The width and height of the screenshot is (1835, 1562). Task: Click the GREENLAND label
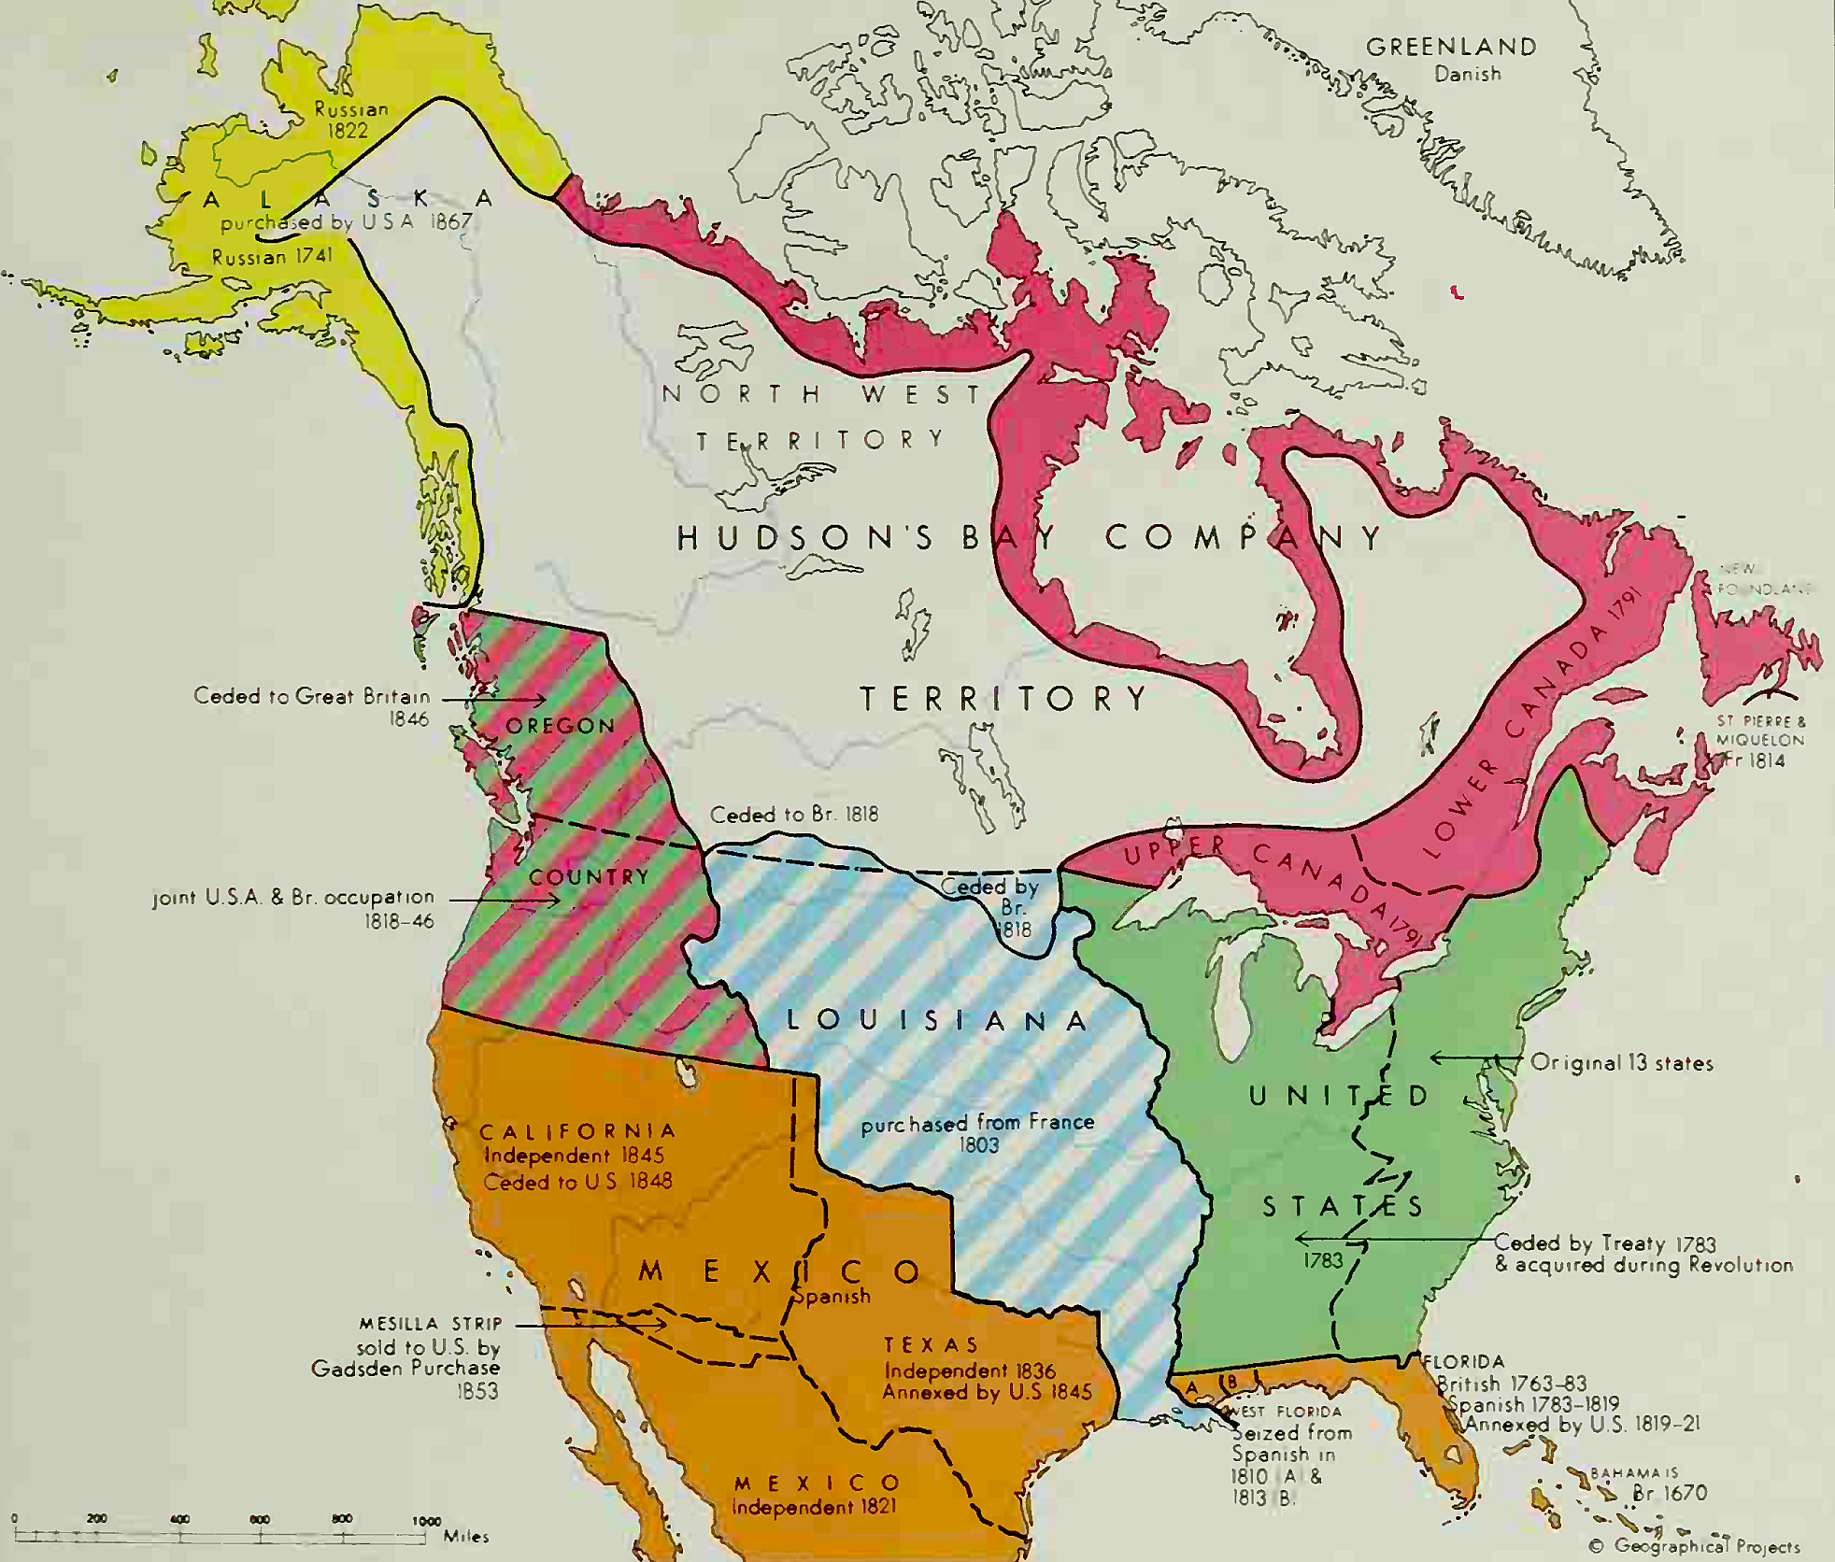tap(1451, 47)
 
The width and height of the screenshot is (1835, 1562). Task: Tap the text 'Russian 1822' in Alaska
tap(350, 120)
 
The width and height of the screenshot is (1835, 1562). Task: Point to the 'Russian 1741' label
tap(272, 257)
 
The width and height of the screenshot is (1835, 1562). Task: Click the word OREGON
tap(560, 726)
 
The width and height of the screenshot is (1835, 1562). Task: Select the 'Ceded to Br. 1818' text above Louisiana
tap(794, 815)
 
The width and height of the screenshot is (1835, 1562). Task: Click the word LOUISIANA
tap(937, 1020)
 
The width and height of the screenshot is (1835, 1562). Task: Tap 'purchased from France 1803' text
tap(977, 1132)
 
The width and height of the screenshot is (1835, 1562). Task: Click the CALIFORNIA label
tap(577, 1132)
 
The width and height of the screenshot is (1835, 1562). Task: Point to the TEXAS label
tap(932, 1344)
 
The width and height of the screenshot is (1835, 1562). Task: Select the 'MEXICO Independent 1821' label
tap(816, 1495)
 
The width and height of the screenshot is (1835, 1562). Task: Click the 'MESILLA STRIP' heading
tap(431, 1324)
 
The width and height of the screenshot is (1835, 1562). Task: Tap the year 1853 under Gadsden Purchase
tap(477, 1391)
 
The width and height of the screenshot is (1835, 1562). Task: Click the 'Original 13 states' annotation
tap(1622, 1063)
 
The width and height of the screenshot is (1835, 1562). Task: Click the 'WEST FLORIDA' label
tap(1285, 1412)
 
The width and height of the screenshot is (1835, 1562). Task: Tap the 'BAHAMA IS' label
tap(1634, 1473)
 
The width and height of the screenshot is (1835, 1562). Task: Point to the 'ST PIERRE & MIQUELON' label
tap(1760, 731)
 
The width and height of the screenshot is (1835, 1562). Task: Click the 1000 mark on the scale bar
tap(426, 1521)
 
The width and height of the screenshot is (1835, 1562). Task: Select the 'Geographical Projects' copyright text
tap(1706, 1546)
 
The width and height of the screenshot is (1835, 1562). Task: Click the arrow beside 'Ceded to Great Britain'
tap(493, 699)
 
